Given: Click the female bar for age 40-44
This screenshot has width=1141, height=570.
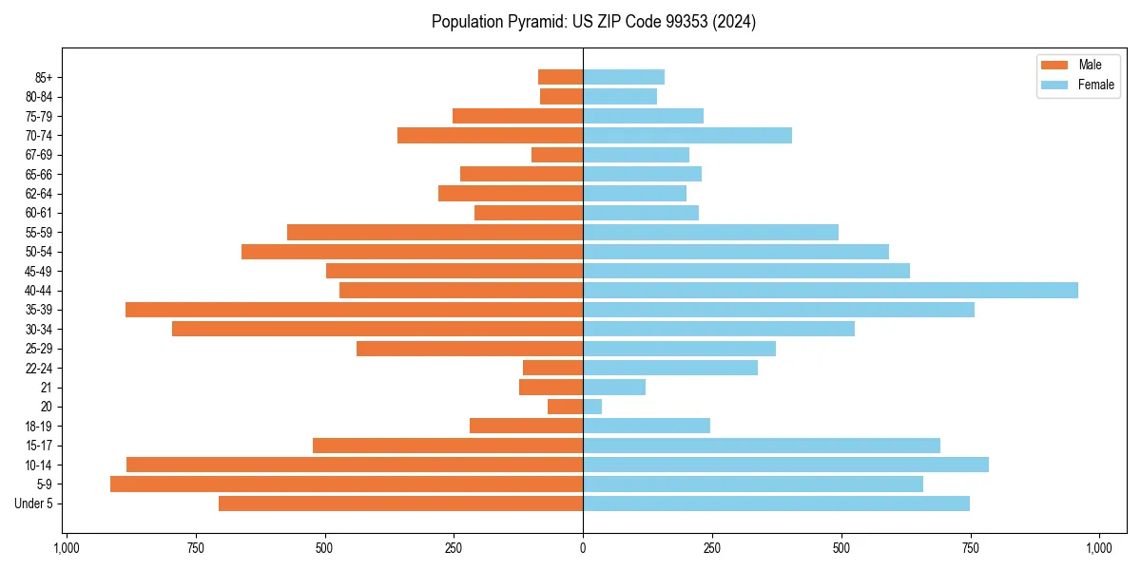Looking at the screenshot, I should (x=830, y=291).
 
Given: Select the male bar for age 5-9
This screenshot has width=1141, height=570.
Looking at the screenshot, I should (x=346, y=484).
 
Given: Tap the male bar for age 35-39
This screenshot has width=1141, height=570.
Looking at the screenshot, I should (x=354, y=310).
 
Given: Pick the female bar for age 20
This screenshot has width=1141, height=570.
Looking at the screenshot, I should (x=592, y=407).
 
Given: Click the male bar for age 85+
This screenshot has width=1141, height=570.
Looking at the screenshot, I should (x=560, y=77).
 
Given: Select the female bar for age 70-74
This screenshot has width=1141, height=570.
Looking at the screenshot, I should (x=687, y=136).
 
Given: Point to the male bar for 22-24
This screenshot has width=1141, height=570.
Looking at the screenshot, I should (x=552, y=368).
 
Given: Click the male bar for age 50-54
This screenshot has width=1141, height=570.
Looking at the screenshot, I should (x=412, y=252).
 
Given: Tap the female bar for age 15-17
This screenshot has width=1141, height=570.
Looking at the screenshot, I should (x=762, y=446).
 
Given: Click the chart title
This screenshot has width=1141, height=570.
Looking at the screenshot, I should (x=593, y=22).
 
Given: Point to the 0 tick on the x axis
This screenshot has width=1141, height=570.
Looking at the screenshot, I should (x=583, y=548).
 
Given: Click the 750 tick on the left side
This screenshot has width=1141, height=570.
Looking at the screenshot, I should (x=196, y=548).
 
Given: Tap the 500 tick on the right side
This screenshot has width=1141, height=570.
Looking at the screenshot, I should (x=841, y=548).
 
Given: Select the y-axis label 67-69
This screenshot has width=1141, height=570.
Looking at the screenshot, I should (x=39, y=155).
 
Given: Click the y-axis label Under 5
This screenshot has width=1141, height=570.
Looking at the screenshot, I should (x=34, y=503).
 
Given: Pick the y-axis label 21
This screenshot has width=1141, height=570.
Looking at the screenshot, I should (x=47, y=388).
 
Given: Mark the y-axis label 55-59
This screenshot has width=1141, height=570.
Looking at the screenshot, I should (x=39, y=233).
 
